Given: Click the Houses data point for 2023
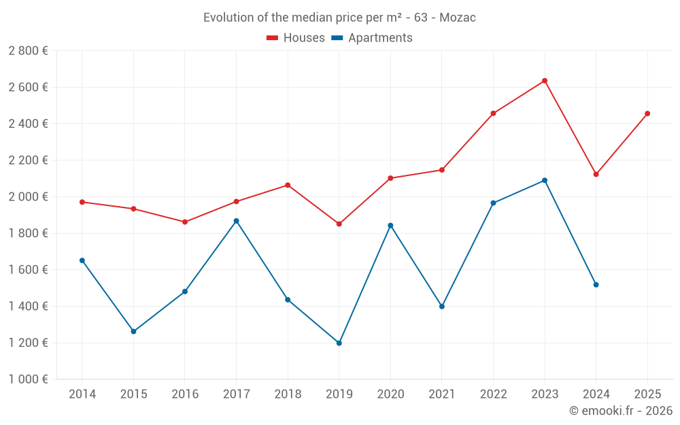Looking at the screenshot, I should (x=545, y=81).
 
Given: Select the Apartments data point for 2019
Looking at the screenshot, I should (x=339, y=343).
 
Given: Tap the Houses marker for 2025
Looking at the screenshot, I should (x=647, y=114).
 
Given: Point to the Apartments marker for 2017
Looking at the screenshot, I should (x=236, y=221).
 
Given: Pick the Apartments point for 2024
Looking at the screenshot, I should (x=596, y=285).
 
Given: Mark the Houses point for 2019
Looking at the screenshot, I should (x=339, y=224).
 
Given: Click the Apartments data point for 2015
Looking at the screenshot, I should (x=133, y=332).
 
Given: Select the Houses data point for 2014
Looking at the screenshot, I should (x=82, y=202).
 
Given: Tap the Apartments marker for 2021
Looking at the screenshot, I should (x=442, y=307).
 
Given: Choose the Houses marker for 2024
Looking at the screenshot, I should (x=596, y=175).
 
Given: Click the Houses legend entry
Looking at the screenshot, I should (x=296, y=38).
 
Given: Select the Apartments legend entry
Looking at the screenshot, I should (x=372, y=38).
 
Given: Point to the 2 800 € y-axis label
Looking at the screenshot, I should (x=28, y=51).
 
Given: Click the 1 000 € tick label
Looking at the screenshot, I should (x=28, y=379).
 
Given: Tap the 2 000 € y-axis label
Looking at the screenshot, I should (x=28, y=197).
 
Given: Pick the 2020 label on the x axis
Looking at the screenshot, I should (x=390, y=394).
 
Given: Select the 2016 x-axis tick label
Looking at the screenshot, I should (x=185, y=394).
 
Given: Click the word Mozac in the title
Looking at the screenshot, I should (x=458, y=18).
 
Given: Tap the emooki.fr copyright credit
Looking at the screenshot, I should (x=621, y=411).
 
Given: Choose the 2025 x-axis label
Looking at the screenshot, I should (x=647, y=394).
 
